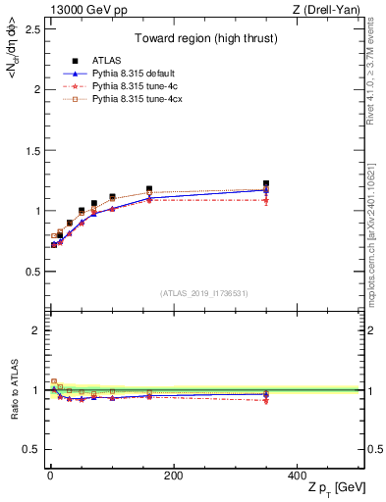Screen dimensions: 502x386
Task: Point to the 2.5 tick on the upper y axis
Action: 28,28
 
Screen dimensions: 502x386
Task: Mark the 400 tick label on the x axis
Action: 297,476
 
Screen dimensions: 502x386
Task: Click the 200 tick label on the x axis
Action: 174,476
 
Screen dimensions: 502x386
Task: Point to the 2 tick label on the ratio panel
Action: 33,330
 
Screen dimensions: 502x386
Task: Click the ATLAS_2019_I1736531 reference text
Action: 205,293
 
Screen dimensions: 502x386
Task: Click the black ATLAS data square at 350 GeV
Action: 266,183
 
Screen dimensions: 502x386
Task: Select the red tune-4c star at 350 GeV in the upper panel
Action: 266,201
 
